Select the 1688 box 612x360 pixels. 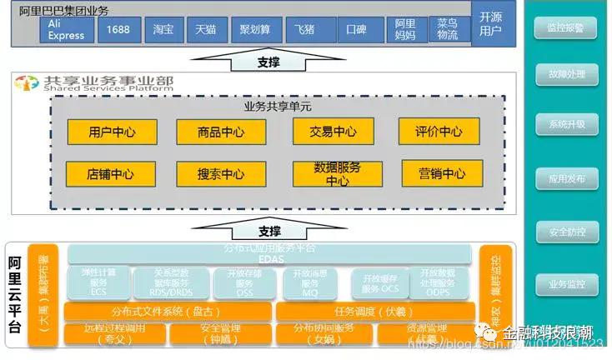119,30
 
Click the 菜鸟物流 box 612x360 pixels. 447,30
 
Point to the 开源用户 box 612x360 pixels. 491,24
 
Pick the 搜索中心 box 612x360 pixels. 220,174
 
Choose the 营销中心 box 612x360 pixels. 441,173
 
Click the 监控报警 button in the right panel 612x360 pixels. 565,28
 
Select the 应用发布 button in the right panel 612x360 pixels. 565,178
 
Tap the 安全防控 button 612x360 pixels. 565,232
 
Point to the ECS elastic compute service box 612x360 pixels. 98,283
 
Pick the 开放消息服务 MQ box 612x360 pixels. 310,283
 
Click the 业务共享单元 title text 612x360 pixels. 277,107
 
